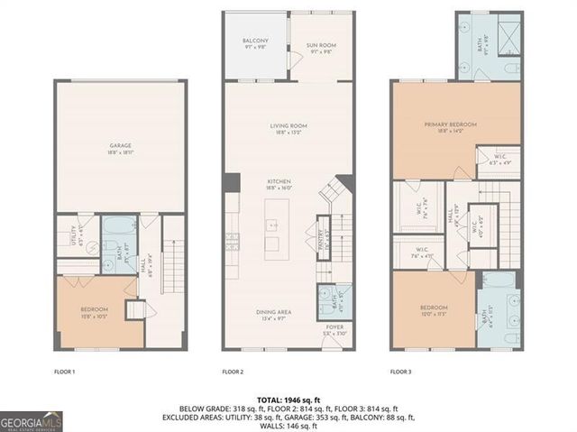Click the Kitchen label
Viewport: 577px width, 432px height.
click(x=279, y=182)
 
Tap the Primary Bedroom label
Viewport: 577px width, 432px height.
click(x=450, y=124)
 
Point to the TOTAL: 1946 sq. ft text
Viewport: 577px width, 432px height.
click(x=288, y=398)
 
